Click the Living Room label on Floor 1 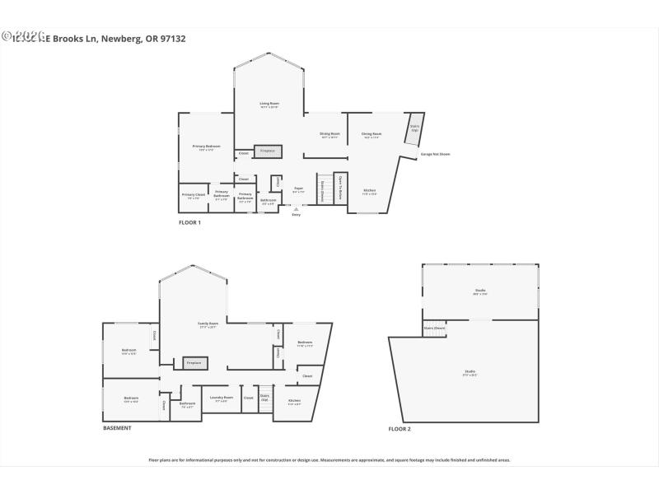click(x=269, y=105)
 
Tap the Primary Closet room click(x=194, y=196)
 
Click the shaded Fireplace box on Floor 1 click(x=268, y=151)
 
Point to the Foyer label click(x=298, y=190)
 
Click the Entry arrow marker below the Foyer click(x=296, y=209)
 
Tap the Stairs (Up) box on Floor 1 click(x=415, y=128)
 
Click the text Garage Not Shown click(x=435, y=154)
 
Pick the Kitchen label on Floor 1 click(x=370, y=192)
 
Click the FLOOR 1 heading click(x=189, y=222)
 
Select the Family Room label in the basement click(x=208, y=325)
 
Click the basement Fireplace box click(x=194, y=363)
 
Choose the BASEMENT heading click(x=117, y=428)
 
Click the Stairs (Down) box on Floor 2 click(x=434, y=327)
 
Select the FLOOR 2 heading click(x=400, y=429)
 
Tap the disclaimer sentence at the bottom click(x=329, y=460)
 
